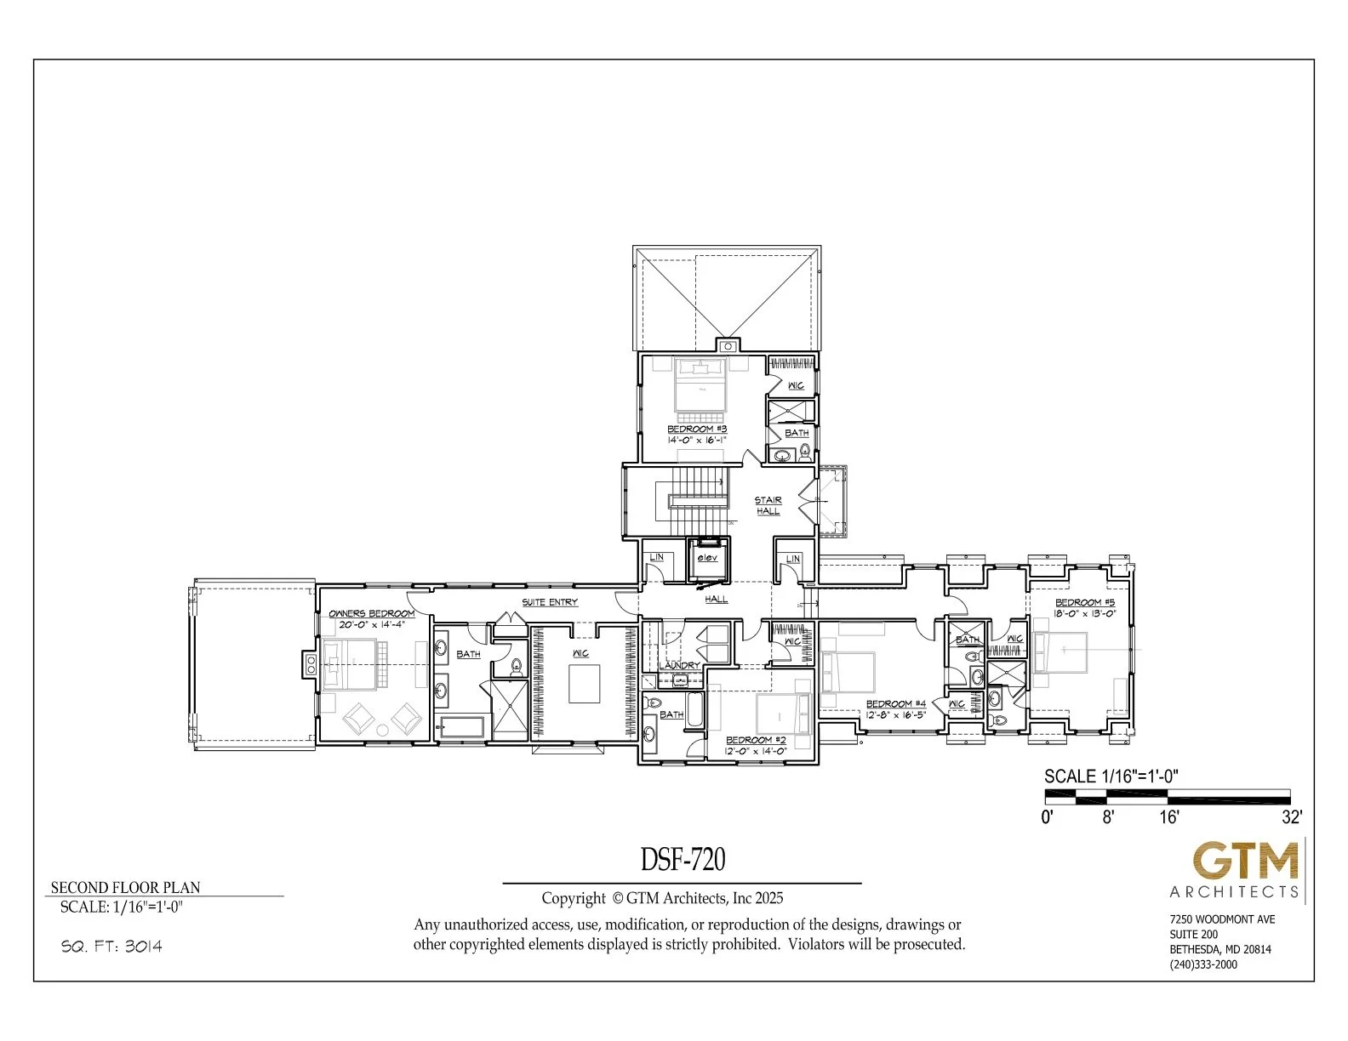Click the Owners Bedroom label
click(371, 613)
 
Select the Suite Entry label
click(550, 602)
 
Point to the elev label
click(707, 558)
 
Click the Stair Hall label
click(768, 505)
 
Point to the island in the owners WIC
click(583, 684)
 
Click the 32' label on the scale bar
click(1291, 817)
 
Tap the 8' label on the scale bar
click(1107, 817)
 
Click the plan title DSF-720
click(683, 860)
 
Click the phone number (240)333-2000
click(1203, 964)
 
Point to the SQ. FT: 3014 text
click(111, 947)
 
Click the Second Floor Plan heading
click(125, 887)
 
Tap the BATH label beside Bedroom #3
click(797, 433)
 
